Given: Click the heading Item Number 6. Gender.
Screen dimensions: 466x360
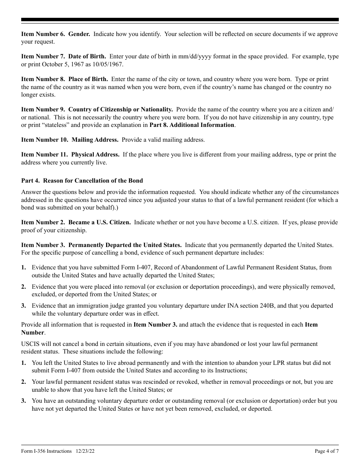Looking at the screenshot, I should click(56, 34).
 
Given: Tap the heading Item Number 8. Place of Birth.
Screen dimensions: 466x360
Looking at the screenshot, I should click(64, 79).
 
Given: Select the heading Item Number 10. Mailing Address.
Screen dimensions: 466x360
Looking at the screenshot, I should click(70, 140).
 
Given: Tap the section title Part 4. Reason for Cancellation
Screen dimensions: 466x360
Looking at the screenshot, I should click(82, 180).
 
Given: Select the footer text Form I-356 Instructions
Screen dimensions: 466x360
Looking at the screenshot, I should click(46, 451).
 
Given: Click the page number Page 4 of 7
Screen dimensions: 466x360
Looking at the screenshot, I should click(327, 451).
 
